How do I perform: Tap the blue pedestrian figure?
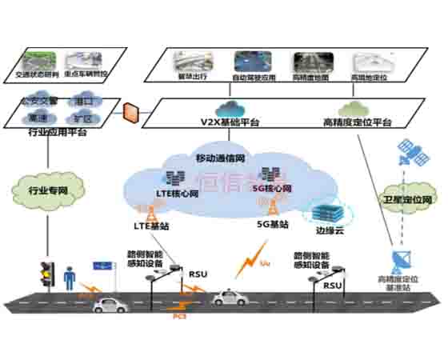(x=70, y=278)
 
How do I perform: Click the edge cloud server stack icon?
(x=326, y=211)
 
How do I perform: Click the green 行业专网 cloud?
(x=38, y=192)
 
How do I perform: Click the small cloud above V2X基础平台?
(x=233, y=108)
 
